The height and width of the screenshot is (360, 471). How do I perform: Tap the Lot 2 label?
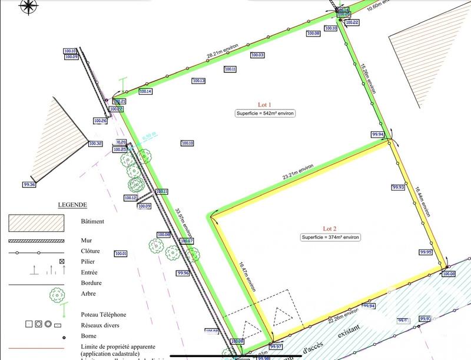click(x=329, y=228)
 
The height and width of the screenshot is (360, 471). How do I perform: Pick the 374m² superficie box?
click(x=330, y=237)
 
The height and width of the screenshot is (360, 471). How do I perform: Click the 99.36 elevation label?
click(x=29, y=185)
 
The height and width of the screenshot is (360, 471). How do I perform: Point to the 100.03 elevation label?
click(x=257, y=55)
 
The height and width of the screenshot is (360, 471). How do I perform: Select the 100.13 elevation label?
click(x=198, y=81)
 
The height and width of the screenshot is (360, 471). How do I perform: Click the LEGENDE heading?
click(x=72, y=205)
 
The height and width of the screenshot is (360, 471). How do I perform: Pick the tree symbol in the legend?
click(x=57, y=293)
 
